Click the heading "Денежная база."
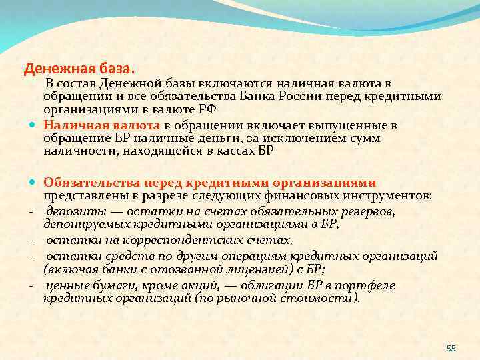79,68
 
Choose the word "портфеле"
368,285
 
